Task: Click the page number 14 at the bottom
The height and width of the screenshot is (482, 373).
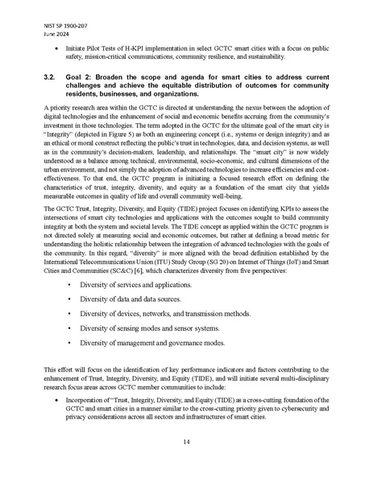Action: click(x=186, y=440)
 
